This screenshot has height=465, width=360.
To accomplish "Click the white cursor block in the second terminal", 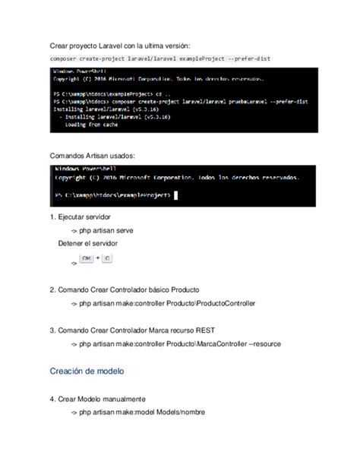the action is tap(175, 196).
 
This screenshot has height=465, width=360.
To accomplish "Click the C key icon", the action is tap(106, 260).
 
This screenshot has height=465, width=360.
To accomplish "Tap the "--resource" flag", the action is tap(264, 343).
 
